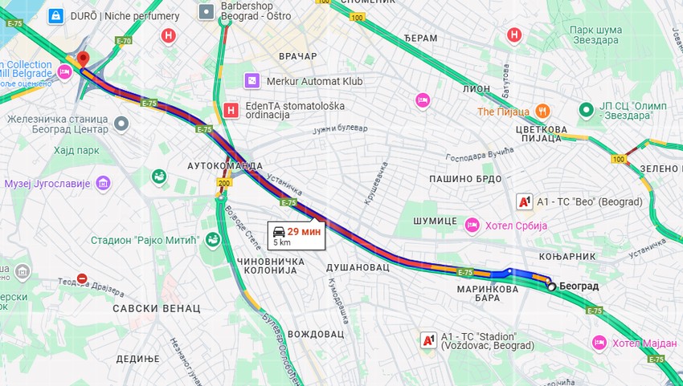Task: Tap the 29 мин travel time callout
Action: click(297, 234)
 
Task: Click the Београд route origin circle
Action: click(550, 286)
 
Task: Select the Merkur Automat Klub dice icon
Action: click(252, 81)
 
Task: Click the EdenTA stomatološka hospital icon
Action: click(231, 110)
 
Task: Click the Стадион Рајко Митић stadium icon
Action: click(212, 239)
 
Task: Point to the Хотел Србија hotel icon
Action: click(472, 225)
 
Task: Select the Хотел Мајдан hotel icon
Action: click(599, 343)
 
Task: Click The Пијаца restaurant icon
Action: click(543, 111)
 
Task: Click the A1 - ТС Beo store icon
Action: click(524, 201)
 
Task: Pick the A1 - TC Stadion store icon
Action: click(428, 340)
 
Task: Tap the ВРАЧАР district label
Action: click(297, 56)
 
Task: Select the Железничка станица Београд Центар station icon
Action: click(121, 124)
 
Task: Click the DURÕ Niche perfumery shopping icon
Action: click(55, 15)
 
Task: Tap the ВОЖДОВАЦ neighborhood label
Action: click(315, 333)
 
